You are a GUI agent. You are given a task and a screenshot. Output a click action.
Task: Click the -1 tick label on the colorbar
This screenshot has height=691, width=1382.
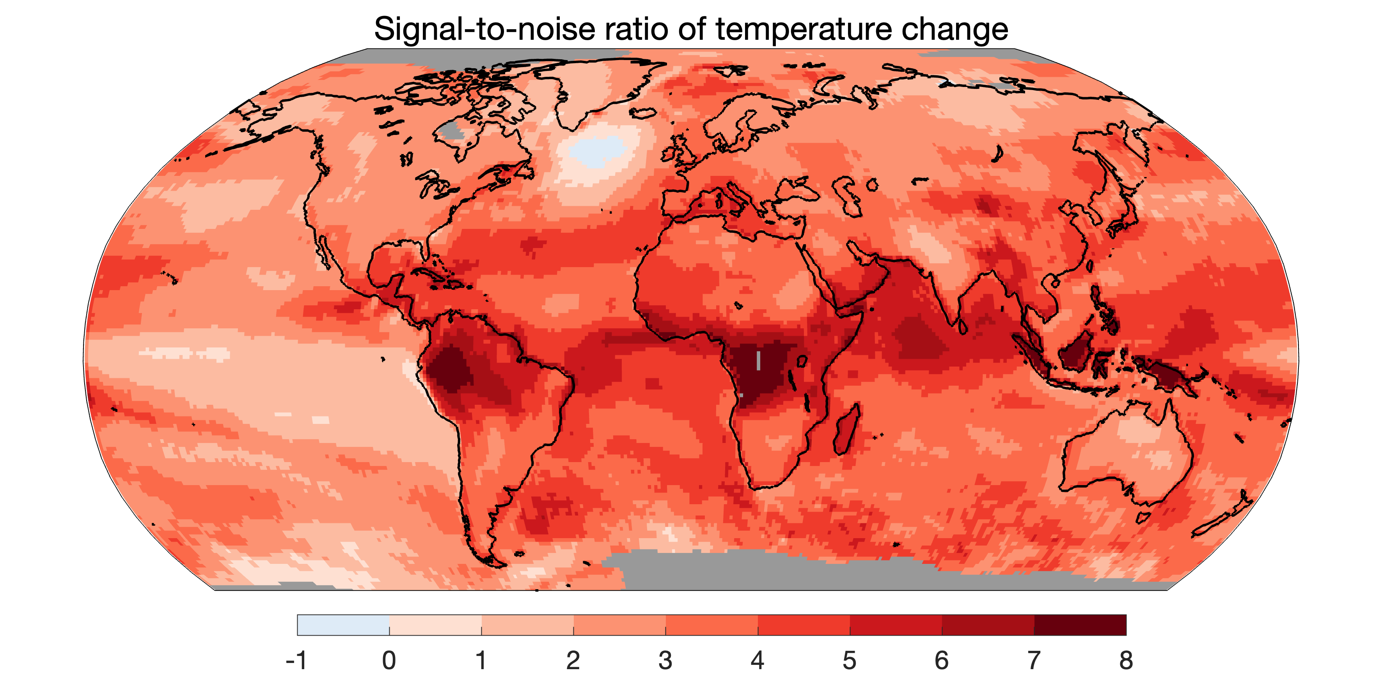[x=297, y=661]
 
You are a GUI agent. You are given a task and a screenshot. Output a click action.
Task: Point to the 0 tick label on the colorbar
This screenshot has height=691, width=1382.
[x=389, y=661]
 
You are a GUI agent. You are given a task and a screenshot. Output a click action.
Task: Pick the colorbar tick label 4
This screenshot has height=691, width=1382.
[x=758, y=661]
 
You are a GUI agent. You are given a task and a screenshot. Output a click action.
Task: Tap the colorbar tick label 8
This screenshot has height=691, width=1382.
[x=1126, y=661]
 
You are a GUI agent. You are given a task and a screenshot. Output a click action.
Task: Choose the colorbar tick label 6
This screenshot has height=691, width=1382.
[x=942, y=661]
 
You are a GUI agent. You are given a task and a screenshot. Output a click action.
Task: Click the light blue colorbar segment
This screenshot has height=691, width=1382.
[x=343, y=625]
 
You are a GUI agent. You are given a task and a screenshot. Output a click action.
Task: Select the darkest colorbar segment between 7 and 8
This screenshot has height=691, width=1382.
[x=1080, y=625]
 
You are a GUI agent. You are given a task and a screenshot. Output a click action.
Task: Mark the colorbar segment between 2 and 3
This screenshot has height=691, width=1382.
[x=620, y=625]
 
